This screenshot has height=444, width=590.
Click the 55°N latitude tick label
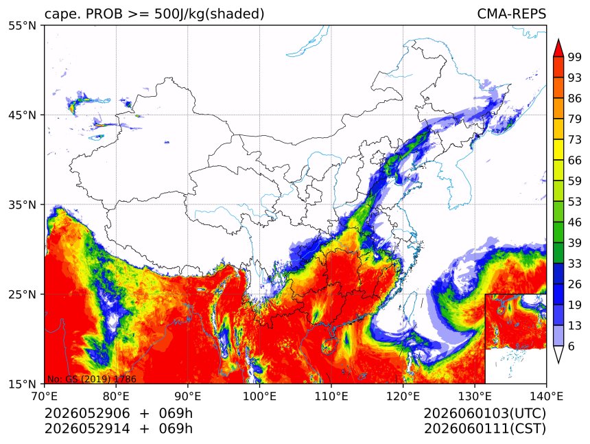click(22, 25)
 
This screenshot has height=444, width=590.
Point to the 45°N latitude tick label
click(22, 115)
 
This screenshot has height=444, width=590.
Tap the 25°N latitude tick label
click(22, 294)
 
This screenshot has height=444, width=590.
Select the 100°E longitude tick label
click(259, 397)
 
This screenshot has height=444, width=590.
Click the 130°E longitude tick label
click(475, 397)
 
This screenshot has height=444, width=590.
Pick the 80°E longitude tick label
click(116, 397)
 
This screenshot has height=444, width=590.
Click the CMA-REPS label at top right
click(511, 14)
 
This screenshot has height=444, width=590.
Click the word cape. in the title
click(62, 14)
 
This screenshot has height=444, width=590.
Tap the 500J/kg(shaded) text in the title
click(209, 14)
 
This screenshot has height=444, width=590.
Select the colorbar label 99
click(575, 58)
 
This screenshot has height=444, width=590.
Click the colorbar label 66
click(575, 161)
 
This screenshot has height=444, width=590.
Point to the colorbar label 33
click(575, 264)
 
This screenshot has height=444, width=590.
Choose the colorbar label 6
click(571, 346)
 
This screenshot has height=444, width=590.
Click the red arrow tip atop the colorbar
click(558, 40)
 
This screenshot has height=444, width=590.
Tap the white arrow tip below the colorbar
click(558, 363)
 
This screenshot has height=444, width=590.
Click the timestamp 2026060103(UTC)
click(484, 413)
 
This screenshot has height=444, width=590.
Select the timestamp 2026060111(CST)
click(484, 429)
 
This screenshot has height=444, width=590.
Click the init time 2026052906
click(87, 413)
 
